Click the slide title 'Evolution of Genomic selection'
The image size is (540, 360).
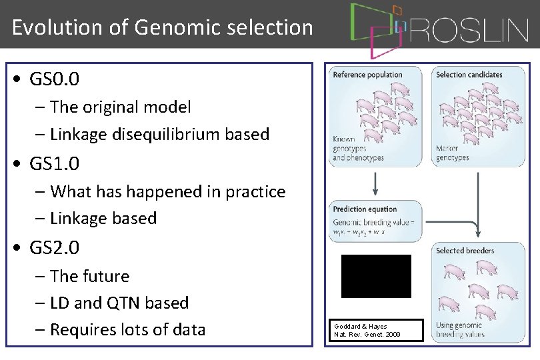pyautogui.click(x=162, y=27)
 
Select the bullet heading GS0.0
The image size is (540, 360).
pyautogui.click(x=55, y=79)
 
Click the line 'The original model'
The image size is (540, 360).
pyautogui.click(x=120, y=107)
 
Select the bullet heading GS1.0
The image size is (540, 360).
pyautogui.click(x=55, y=163)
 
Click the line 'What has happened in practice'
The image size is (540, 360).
pyautogui.click(x=167, y=191)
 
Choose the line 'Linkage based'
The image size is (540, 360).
pyautogui.click(x=103, y=218)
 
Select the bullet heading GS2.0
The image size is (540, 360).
pyautogui.click(x=55, y=248)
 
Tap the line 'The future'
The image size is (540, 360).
pyautogui.click(x=89, y=276)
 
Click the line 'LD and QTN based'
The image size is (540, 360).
pyautogui.click(x=119, y=303)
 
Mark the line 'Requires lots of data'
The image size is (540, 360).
pyautogui.click(x=127, y=329)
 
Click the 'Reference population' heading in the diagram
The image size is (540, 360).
pyautogui.click(x=367, y=75)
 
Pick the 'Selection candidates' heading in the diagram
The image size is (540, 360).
pyautogui.click(x=469, y=75)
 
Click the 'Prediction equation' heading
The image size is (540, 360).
pyautogui.click(x=365, y=209)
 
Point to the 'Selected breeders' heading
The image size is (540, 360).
pyautogui.click(x=465, y=251)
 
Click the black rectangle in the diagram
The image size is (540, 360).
pyautogui.click(x=376, y=276)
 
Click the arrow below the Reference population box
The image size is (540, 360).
pyautogui.click(x=375, y=183)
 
